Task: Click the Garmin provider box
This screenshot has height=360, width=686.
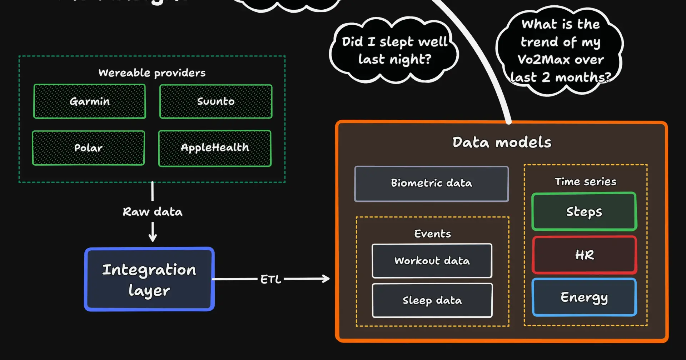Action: point(89,101)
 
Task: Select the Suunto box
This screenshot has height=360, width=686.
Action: point(216,101)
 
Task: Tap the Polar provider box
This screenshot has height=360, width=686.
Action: point(88,148)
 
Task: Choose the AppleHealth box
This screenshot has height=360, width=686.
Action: point(215,148)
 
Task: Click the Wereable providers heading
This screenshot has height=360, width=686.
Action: point(152,73)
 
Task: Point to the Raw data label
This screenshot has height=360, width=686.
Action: point(153,212)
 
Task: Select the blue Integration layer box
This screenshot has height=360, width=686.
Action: point(149,279)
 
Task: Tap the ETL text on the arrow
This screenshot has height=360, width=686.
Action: point(270,279)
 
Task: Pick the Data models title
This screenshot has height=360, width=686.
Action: point(502,142)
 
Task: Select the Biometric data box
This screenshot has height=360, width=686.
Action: point(431,184)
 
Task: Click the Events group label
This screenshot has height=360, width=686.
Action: point(432,234)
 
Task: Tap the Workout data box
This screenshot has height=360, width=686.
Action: point(432,261)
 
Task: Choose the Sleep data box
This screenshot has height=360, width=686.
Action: point(432,300)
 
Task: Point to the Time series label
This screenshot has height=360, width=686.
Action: point(585,181)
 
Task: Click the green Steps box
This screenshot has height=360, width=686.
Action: point(584,211)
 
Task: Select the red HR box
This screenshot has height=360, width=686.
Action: point(584,255)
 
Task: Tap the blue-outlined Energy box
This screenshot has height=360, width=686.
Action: point(584,297)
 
